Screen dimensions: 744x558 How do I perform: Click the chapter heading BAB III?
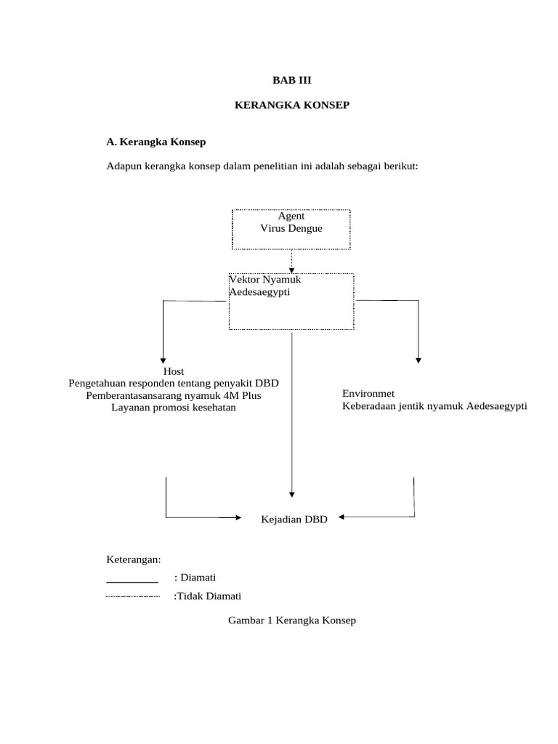click(x=291, y=80)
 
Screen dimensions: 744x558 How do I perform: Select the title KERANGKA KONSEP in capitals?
click(x=291, y=106)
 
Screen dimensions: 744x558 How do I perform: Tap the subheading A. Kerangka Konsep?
click(x=156, y=142)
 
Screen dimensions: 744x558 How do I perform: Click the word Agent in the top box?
click(x=291, y=216)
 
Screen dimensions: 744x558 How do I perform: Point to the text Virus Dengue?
click(x=291, y=228)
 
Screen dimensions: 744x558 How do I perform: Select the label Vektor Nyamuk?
click(x=264, y=279)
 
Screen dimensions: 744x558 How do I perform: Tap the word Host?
click(x=174, y=371)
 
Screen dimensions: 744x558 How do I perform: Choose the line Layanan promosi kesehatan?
click(x=174, y=408)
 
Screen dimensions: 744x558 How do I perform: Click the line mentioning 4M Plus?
click(x=174, y=395)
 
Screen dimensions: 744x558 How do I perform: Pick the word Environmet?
click(x=368, y=393)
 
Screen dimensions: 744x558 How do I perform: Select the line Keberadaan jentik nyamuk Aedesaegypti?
click(x=434, y=405)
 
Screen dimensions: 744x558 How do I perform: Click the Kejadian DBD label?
click(x=294, y=519)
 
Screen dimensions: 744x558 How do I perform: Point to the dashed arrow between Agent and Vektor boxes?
click(x=291, y=261)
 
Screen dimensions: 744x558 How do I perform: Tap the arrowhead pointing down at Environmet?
click(x=418, y=358)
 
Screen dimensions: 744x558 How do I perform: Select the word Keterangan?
click(x=134, y=559)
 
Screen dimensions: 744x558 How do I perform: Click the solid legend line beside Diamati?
click(x=132, y=583)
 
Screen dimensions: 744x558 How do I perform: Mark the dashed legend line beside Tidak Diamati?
click(x=132, y=597)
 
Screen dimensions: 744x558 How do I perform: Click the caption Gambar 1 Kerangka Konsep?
click(x=292, y=620)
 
